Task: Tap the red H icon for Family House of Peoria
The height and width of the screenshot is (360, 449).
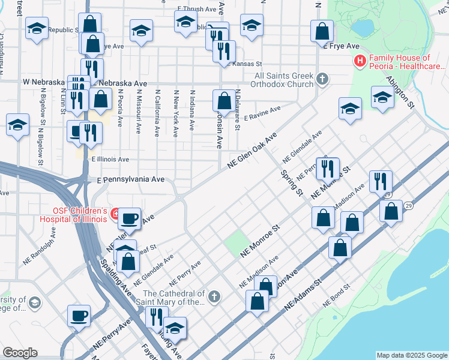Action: click(x=360, y=61)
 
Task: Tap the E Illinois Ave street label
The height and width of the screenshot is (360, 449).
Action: click(x=110, y=160)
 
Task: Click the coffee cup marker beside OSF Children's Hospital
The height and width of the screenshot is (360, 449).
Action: click(x=129, y=218)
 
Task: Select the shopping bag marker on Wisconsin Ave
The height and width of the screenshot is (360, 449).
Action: click(x=224, y=100)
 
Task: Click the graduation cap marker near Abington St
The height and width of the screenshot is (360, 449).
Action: click(x=382, y=97)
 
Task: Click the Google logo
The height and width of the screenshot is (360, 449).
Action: click(x=20, y=353)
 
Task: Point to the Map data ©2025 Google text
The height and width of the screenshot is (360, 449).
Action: click(x=411, y=355)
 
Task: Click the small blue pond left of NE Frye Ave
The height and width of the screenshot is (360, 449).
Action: click(x=363, y=28)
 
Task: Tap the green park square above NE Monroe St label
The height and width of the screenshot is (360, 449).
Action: click(x=237, y=242)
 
